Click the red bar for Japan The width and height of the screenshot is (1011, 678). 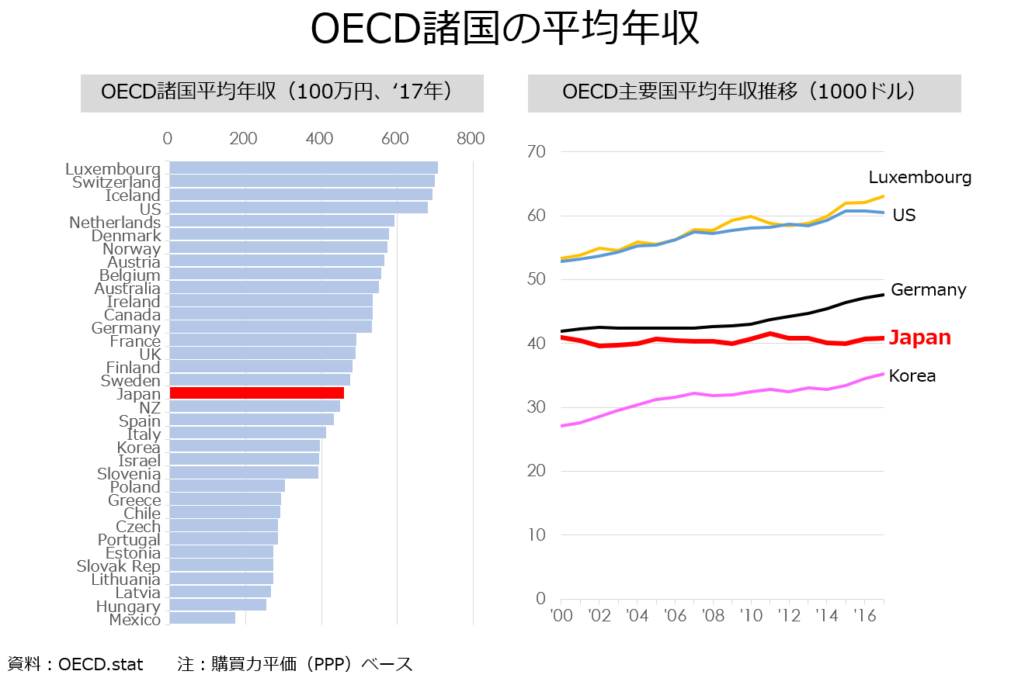tap(256, 393)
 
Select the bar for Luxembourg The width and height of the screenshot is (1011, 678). tap(303, 168)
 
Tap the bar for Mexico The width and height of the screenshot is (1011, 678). tap(202, 618)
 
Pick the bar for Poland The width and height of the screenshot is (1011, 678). tap(227, 486)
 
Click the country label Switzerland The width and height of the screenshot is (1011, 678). tap(116, 182)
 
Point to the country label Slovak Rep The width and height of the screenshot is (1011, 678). tap(118, 566)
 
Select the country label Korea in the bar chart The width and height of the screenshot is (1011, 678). tap(138, 448)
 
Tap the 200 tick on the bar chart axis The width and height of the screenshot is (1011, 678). tap(244, 139)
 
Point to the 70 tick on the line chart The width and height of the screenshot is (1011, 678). tap(537, 152)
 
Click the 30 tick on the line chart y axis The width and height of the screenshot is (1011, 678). tap(537, 407)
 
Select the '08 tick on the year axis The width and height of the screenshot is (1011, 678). tap(713, 616)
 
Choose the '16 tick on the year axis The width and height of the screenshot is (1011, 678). tap(865, 616)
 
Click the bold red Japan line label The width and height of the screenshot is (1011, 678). tap(919, 337)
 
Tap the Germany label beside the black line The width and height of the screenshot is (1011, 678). tap(928, 290)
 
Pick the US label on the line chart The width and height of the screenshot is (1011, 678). tap(904, 215)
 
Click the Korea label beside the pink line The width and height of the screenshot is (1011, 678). tap(912, 376)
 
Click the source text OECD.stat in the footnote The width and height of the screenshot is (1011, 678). tap(101, 664)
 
